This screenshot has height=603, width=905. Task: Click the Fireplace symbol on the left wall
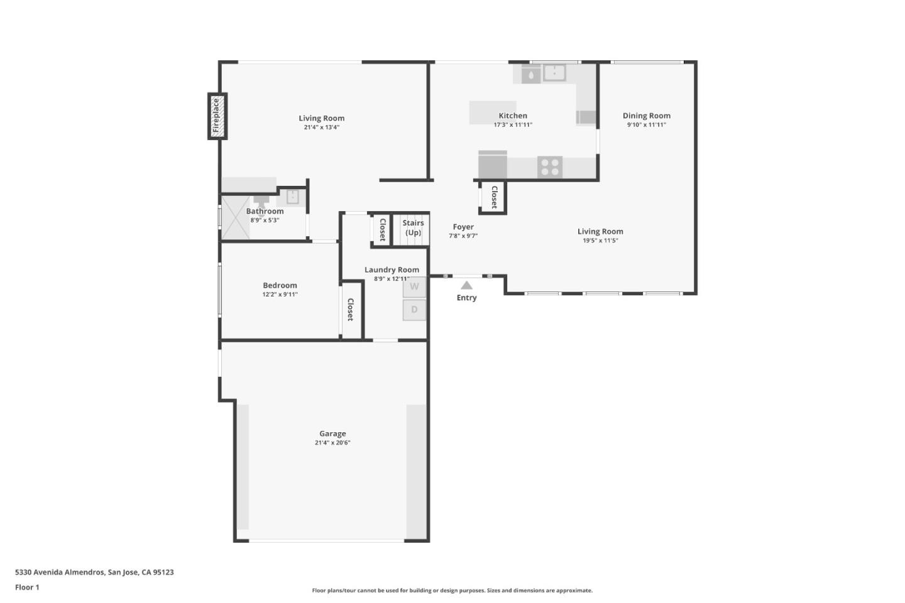pyautogui.click(x=217, y=116)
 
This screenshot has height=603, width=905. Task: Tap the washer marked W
pyautogui.click(x=414, y=286)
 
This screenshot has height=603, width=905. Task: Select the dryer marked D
pyautogui.click(x=414, y=310)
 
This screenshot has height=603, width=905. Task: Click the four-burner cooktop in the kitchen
pyautogui.click(x=549, y=167)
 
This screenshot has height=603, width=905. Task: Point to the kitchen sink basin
pyautogui.click(x=554, y=73)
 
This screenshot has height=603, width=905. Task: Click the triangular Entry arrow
pyautogui.click(x=466, y=285)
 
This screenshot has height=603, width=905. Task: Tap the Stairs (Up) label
pyautogui.click(x=413, y=227)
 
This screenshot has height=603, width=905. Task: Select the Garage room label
pyautogui.click(x=332, y=433)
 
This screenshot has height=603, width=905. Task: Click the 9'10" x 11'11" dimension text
pyautogui.click(x=646, y=125)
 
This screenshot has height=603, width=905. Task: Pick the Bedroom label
pyautogui.click(x=280, y=285)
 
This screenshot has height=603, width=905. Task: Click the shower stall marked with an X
pyautogui.click(x=234, y=217)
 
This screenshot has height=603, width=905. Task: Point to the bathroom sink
pyautogui.click(x=292, y=197)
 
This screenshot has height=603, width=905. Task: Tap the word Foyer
pyautogui.click(x=463, y=227)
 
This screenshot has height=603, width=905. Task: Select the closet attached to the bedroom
pyautogui.click(x=351, y=310)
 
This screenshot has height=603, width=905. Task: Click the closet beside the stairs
pyautogui.click(x=381, y=229)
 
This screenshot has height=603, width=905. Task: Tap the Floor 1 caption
pyautogui.click(x=27, y=587)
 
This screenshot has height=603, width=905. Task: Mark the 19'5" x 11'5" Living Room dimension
pyautogui.click(x=600, y=241)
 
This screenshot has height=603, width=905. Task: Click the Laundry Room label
pyautogui.click(x=392, y=269)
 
